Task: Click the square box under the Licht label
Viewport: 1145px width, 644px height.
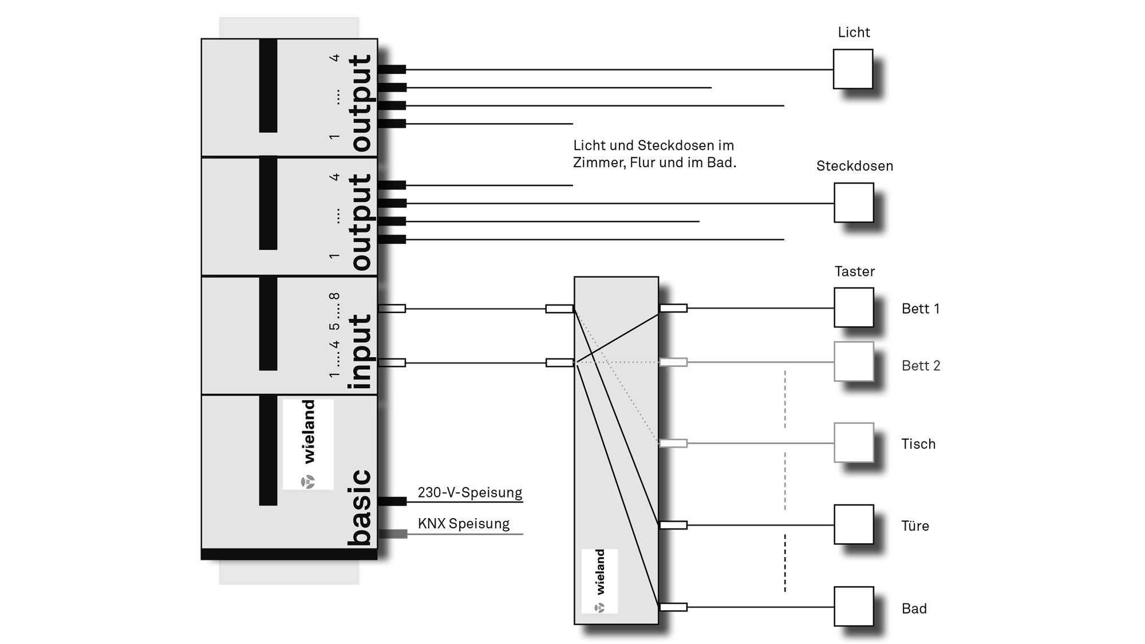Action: pos(852,69)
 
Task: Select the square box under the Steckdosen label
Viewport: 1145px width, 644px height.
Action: pos(853,203)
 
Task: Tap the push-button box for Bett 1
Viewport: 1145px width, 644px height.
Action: pos(853,307)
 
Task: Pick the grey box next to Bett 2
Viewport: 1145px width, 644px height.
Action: pos(853,361)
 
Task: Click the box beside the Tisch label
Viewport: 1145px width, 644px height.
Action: pos(853,442)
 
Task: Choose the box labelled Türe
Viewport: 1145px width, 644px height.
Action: pos(853,524)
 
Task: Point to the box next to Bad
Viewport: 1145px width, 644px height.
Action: pos(853,606)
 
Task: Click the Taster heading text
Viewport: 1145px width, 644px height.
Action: pos(854,271)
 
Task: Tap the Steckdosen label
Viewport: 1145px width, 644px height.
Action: pos(854,166)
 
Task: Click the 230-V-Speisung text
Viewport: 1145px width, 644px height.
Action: pos(469,492)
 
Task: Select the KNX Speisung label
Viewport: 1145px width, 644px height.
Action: pos(463,524)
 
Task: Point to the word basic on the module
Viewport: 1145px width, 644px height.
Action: pos(360,507)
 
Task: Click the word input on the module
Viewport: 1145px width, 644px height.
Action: pos(360,352)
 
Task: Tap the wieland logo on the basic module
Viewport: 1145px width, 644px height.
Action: pos(308,444)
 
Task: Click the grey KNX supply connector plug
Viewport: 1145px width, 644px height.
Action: pos(393,534)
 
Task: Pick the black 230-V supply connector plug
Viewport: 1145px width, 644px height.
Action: pos(392,501)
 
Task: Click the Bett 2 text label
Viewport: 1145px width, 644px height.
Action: pos(921,366)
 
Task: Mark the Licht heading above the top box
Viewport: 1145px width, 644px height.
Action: pos(854,33)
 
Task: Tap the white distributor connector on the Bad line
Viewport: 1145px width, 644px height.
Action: pos(673,607)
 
